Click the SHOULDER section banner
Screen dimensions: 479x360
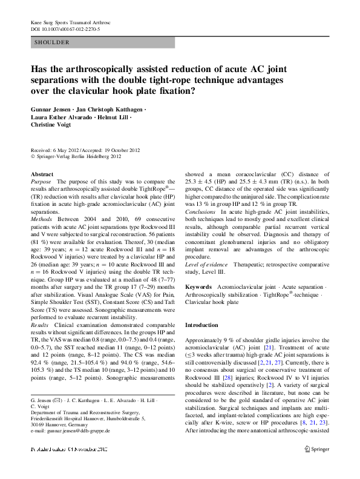pos(52,43)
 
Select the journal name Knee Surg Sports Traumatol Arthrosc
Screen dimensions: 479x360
pos(75,22)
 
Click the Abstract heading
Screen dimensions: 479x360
pos(42,174)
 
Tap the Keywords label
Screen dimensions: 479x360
pos(198,285)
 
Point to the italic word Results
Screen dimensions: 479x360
pos(41,325)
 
